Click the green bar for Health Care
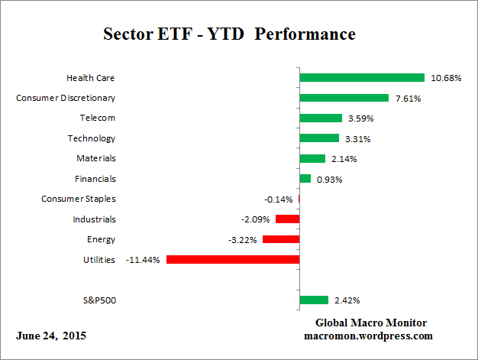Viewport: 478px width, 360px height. coord(362,77)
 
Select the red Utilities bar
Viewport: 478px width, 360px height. coord(233,259)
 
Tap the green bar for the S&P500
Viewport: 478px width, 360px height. coord(314,300)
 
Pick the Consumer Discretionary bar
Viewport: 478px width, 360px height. coord(344,98)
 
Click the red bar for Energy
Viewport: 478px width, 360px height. coord(281,239)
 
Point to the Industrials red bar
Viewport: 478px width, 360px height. coord(287,219)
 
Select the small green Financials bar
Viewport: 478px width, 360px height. coord(305,179)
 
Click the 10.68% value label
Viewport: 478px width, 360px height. coord(445,78)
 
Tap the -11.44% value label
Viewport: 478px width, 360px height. coord(144,260)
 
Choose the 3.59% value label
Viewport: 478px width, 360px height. coord(362,118)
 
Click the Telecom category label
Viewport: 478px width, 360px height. coord(98,118)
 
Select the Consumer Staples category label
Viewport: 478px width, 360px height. coord(79,199)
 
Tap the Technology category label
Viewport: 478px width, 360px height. coord(92,138)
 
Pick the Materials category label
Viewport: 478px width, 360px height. coord(95,158)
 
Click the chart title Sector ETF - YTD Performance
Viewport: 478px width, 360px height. coord(229,35)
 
